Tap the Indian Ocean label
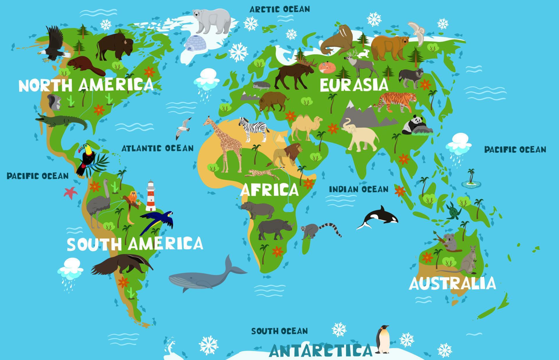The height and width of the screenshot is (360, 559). point(358,189)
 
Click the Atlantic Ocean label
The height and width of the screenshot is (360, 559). point(158,148)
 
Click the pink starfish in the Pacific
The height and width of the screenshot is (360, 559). point(71,193)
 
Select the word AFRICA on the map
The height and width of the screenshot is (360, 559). point(269,190)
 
